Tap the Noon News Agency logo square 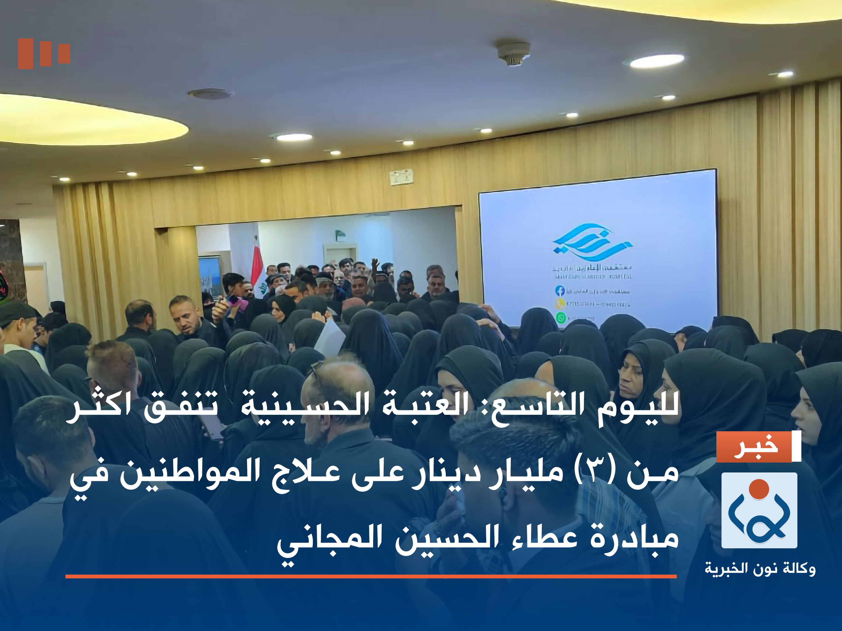coord(759,510)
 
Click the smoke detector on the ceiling coord(513,53)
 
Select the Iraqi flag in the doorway coord(257,263)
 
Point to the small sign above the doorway coord(402,177)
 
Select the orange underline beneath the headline coord(371,576)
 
